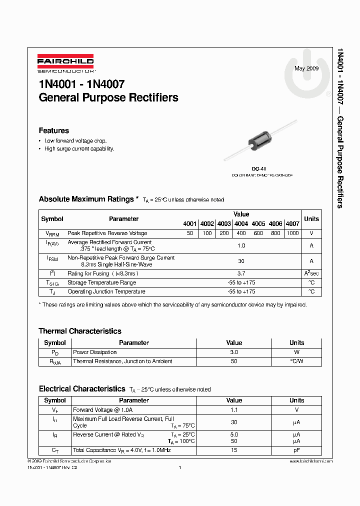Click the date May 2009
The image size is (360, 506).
click(x=306, y=68)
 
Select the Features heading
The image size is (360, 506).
click(x=53, y=130)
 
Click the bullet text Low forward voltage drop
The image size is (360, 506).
click(x=75, y=141)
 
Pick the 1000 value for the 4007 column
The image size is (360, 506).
click(x=293, y=233)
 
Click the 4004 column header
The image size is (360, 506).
click(x=241, y=224)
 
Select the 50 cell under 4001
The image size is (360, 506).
click(x=189, y=233)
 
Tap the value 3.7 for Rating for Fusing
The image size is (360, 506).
click(x=241, y=273)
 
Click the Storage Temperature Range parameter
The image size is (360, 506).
click(x=102, y=282)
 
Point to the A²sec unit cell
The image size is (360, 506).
click(x=311, y=273)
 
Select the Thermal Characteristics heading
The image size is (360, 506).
click(x=80, y=331)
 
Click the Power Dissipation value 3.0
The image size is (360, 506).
click(x=233, y=352)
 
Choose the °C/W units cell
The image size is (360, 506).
click(x=296, y=361)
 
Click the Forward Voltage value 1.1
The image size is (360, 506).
click(x=233, y=409)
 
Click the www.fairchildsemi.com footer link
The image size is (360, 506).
click(x=310, y=461)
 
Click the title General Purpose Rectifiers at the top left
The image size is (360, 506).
click(x=108, y=97)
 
